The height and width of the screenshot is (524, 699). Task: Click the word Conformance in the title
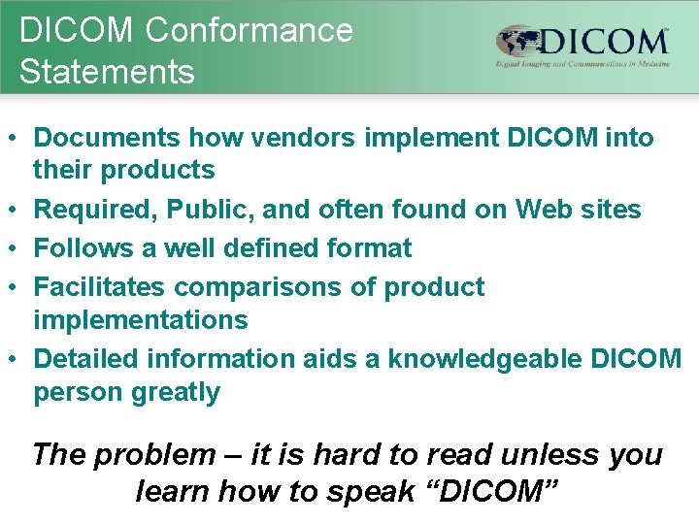pyautogui.click(x=250, y=30)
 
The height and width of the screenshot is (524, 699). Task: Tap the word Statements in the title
pyautogui.click(x=107, y=72)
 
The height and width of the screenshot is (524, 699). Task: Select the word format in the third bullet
pyautogui.click(x=366, y=247)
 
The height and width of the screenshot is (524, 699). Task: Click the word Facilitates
pyautogui.click(x=99, y=287)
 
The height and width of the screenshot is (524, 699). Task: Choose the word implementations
pyautogui.click(x=141, y=319)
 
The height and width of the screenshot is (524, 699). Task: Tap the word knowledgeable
pyautogui.click(x=483, y=359)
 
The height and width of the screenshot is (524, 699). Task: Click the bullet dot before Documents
pyautogui.click(x=17, y=138)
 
